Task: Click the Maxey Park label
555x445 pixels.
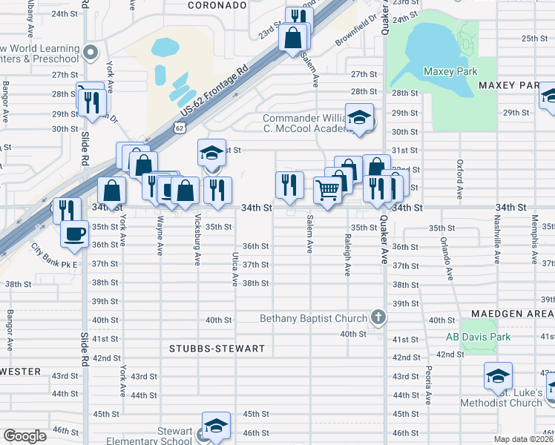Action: [450, 71]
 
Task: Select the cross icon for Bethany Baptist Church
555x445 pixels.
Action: [378, 318]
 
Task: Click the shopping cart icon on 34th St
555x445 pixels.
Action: [327, 190]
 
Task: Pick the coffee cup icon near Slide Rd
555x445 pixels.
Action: [73, 233]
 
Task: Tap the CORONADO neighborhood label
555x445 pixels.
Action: [216, 5]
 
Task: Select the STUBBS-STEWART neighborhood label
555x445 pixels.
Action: [206, 348]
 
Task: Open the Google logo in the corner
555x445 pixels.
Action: [24, 436]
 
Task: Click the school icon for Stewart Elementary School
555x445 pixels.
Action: [216, 426]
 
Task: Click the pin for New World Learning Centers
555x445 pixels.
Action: [91, 52]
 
